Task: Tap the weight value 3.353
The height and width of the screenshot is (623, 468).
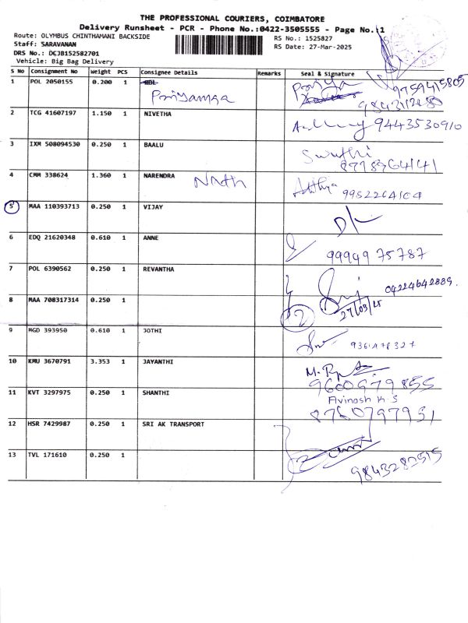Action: [x=102, y=361]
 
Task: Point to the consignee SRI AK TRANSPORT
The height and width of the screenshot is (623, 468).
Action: [x=173, y=424]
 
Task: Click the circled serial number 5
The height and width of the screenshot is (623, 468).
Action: [x=12, y=207]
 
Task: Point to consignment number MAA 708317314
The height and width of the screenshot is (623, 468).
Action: [x=54, y=300]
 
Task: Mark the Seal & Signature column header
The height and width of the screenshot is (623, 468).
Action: [x=328, y=73]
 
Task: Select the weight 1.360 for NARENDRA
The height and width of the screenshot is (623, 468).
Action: [x=102, y=175]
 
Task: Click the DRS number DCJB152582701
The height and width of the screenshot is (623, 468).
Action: [x=63, y=53]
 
